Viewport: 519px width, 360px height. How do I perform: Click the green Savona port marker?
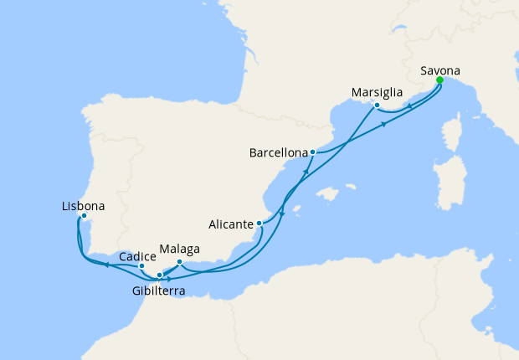pos(439,81)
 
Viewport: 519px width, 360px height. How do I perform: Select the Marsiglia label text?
pos(378,91)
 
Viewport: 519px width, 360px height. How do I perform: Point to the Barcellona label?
pos(278,153)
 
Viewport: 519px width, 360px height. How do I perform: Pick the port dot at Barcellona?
pos(312,152)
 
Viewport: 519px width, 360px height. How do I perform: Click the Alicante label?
pos(231,224)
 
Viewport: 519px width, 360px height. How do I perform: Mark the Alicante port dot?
pos(260,224)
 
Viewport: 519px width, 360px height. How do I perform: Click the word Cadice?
pos(136,256)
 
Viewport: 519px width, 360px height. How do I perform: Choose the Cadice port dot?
pos(141,266)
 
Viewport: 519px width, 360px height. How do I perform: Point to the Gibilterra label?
pos(158,291)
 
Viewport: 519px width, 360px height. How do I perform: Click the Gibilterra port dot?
pos(160,275)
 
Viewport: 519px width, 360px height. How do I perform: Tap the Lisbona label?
pos(84,205)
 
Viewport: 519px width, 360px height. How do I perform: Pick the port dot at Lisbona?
pos(84,216)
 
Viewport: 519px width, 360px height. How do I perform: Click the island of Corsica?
pos(451,135)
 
